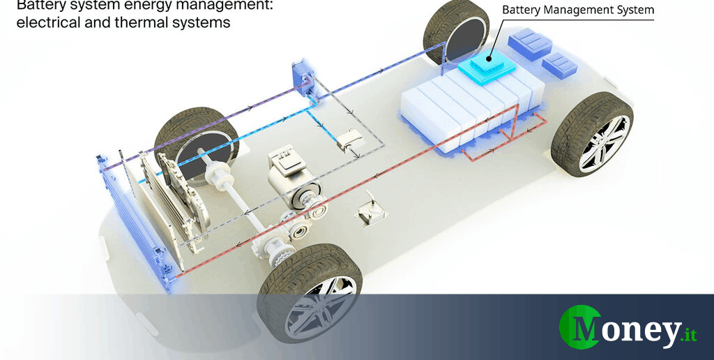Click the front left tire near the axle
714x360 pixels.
(x=186, y=143)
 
